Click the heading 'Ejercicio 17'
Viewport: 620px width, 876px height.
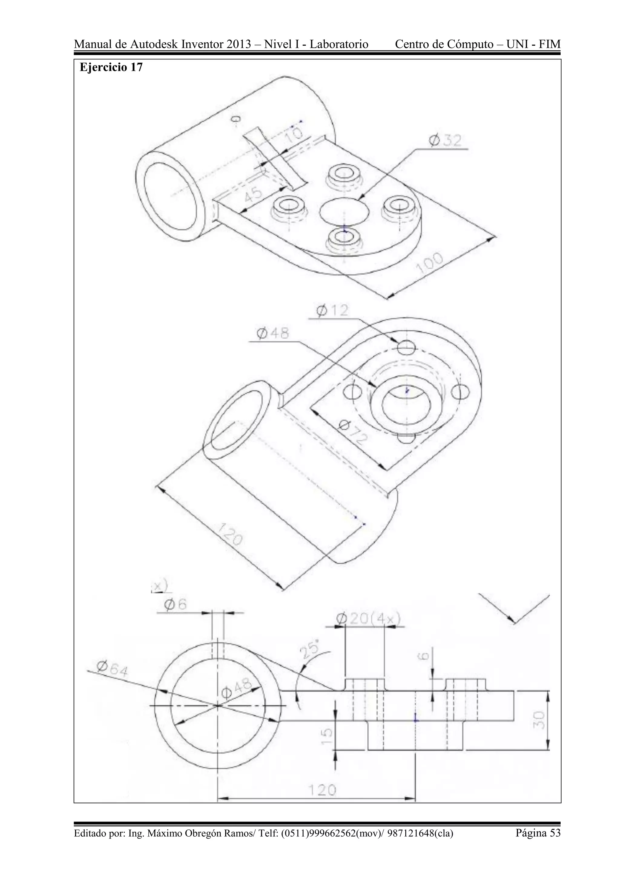point(111,67)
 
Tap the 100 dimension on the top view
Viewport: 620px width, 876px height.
point(430,263)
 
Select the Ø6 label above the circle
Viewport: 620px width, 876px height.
point(175,604)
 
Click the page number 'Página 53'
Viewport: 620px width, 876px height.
point(538,833)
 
